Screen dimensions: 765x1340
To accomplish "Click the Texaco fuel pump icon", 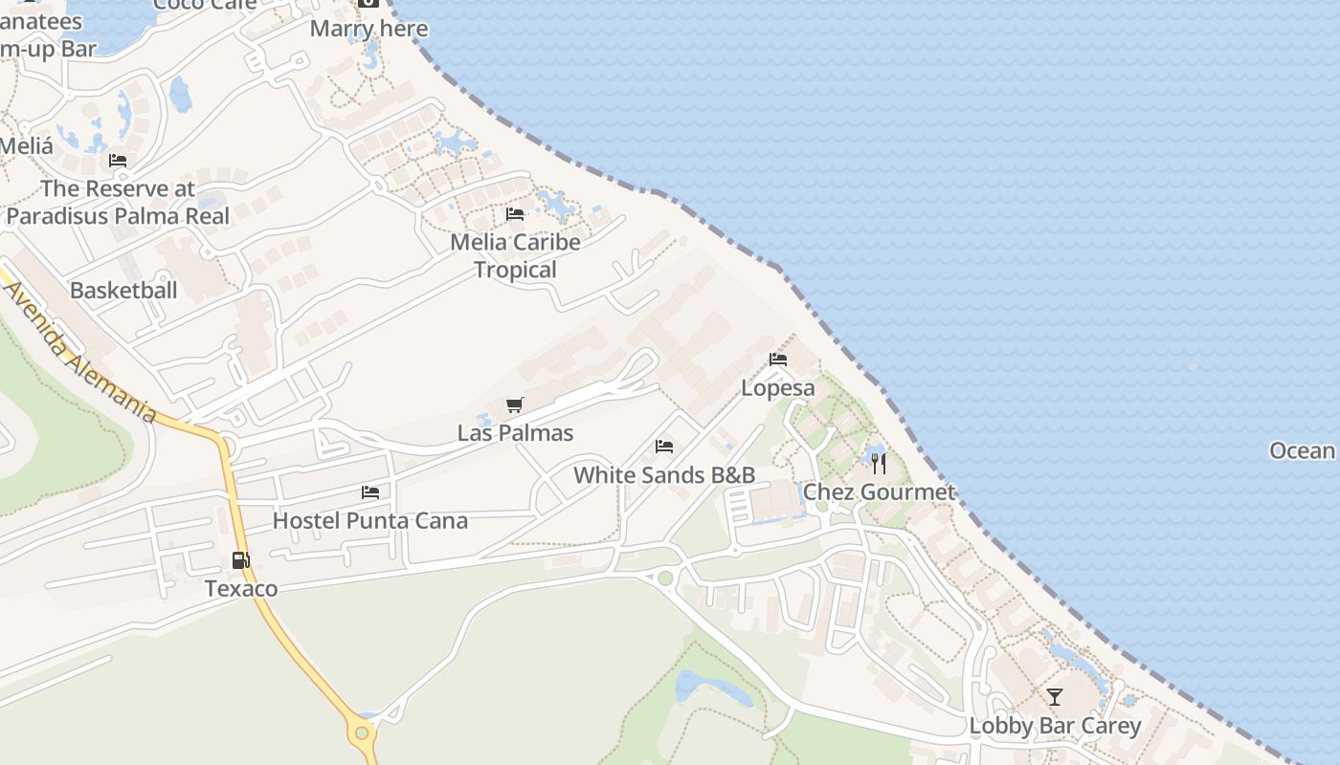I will (x=240, y=560).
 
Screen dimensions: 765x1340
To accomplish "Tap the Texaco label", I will (x=241, y=588).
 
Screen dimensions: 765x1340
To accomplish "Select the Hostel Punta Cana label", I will (x=370, y=521).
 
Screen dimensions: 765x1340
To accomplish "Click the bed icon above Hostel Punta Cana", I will (x=370, y=492).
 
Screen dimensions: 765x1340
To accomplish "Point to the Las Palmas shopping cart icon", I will (x=515, y=404).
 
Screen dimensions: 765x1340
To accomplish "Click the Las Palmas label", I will (x=515, y=433).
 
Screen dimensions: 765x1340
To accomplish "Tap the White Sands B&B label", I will (x=664, y=475).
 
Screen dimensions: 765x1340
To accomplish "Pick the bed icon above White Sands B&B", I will (x=664, y=447).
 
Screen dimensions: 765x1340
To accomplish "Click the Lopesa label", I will (x=778, y=388).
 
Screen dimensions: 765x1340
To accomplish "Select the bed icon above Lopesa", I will (x=778, y=360).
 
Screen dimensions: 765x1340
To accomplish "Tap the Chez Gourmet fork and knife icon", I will (x=879, y=464).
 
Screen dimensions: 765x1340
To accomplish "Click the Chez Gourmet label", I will (x=879, y=492).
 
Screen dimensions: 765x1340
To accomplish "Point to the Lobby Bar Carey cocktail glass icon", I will (x=1055, y=697).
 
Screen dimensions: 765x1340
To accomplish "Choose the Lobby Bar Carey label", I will (x=1055, y=726).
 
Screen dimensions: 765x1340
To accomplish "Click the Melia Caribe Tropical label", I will (x=515, y=255).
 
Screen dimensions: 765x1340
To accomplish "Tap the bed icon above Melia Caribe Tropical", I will (x=515, y=213).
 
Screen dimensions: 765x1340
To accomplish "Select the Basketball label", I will (x=123, y=290).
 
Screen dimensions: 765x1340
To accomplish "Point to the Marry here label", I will (x=368, y=29).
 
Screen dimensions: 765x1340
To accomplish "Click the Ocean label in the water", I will (x=1302, y=450).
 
